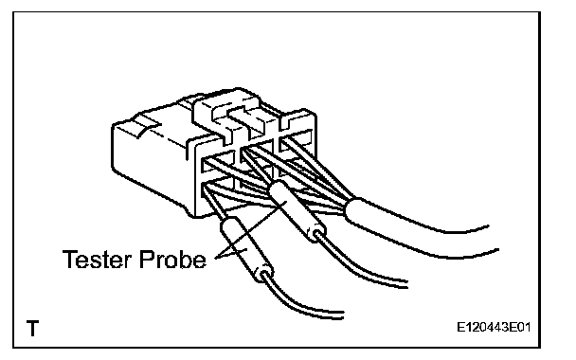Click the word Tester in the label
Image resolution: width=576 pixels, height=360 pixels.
point(97,259)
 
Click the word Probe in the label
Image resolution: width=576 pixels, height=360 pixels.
point(172,259)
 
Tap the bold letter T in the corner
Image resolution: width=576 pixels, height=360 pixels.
point(33,328)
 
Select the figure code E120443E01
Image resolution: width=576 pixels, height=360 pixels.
point(494,327)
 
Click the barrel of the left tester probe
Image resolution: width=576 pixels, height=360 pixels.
point(247,249)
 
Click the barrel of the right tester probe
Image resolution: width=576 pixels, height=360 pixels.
point(297,211)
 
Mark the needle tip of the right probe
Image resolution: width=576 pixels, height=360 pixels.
point(243,152)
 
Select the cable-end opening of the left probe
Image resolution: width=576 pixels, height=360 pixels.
point(264,275)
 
